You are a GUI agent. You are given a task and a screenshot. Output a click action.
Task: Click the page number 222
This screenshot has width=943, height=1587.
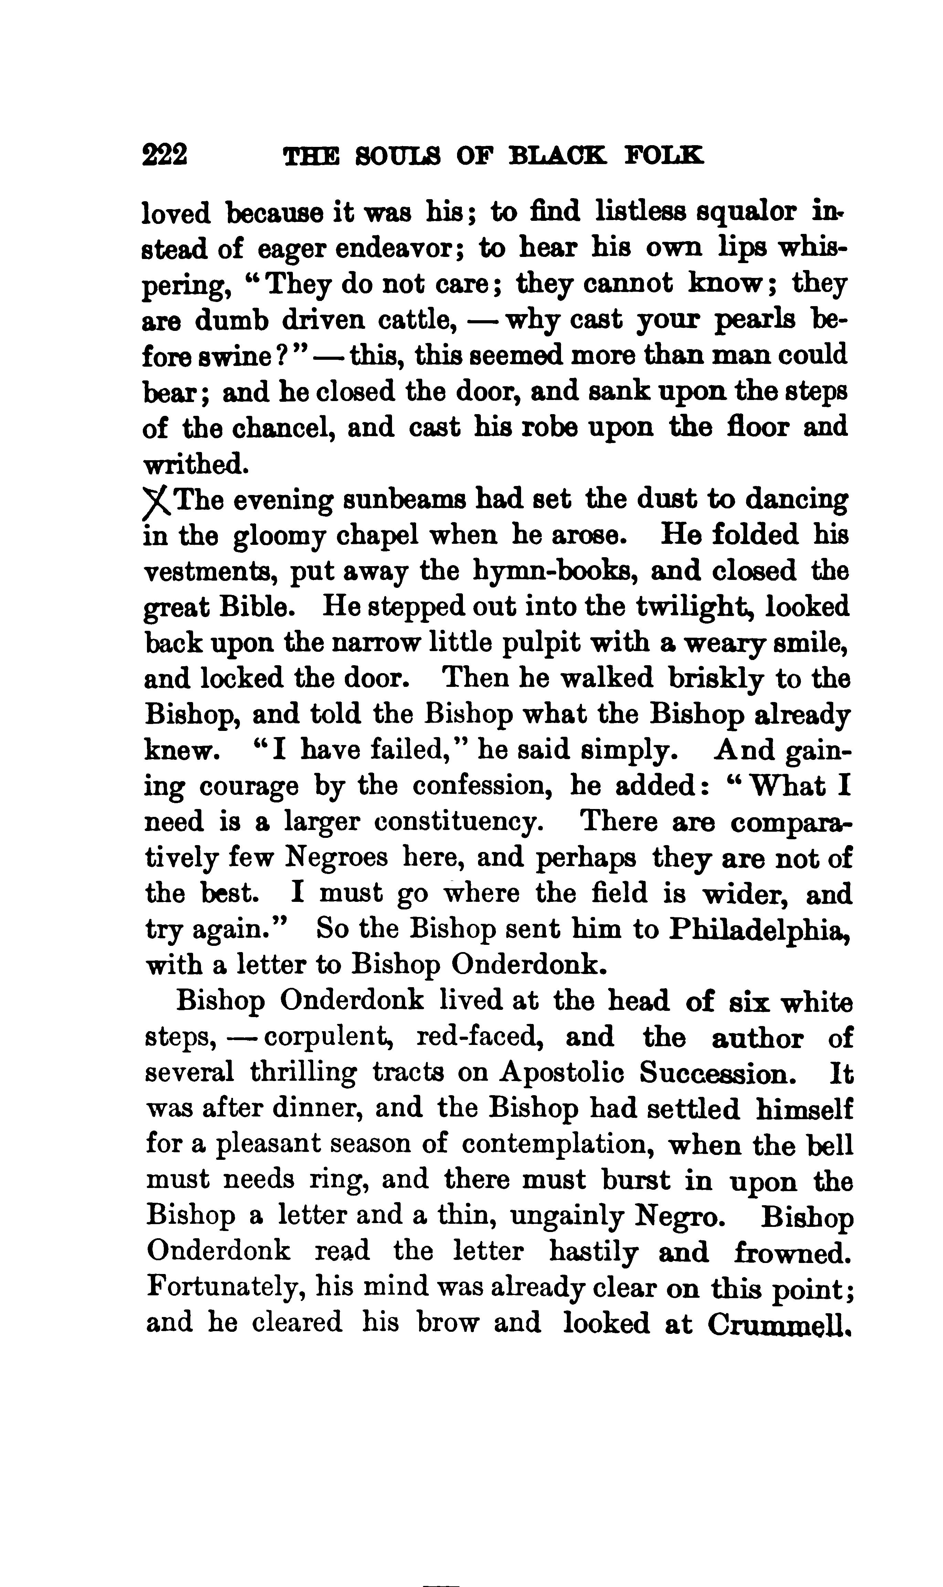pyautogui.click(x=165, y=155)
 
